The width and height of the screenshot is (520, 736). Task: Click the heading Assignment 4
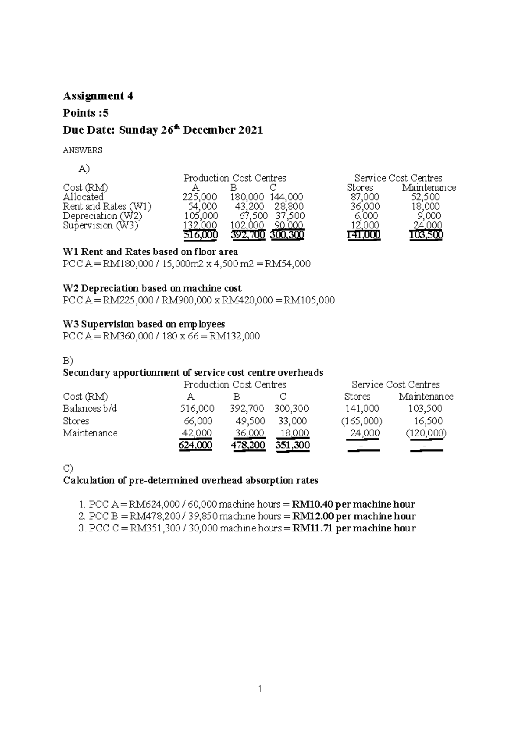coord(98,96)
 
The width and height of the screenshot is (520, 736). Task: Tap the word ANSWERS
coord(82,150)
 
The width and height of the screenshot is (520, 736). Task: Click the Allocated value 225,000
coord(199,197)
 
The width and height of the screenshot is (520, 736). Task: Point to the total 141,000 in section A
coord(364,235)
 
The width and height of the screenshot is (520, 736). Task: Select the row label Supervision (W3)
coord(100,225)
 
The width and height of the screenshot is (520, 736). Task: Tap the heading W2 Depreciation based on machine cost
coord(152,288)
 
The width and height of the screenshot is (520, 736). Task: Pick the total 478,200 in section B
coord(248,445)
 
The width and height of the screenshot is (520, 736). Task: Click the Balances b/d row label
coord(90,408)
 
